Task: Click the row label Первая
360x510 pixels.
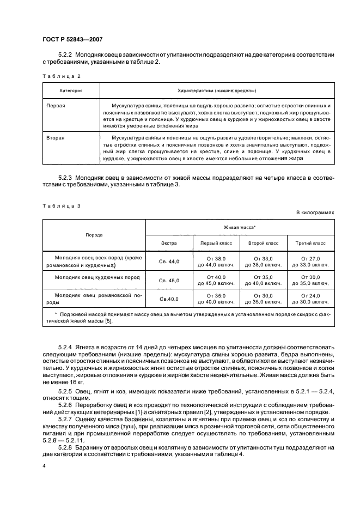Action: click(56, 105)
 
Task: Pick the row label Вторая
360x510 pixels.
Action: click(56, 138)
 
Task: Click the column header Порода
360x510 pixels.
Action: click(94, 235)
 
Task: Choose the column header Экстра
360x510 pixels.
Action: click(169, 243)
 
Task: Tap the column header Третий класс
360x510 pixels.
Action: click(310, 243)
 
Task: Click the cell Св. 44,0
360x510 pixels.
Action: click(169, 262)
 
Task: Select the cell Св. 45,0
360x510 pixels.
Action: click(169, 281)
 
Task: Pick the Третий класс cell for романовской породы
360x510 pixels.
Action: click(310, 299)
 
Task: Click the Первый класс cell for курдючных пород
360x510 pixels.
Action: click(216, 281)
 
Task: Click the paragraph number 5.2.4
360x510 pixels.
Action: click(65, 347)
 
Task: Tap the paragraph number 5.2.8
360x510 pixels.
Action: click(65, 447)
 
